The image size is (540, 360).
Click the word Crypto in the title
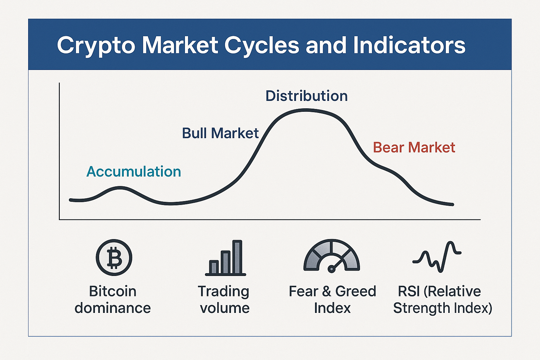click(x=96, y=46)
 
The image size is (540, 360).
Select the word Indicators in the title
click(x=409, y=45)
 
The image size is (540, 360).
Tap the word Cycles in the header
click(x=262, y=46)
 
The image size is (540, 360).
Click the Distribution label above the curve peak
click(x=307, y=96)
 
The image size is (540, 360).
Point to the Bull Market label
click(x=220, y=133)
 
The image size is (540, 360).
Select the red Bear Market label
click(x=414, y=147)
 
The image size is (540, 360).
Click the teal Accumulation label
click(x=134, y=172)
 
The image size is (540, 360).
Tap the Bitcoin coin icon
click(x=114, y=257)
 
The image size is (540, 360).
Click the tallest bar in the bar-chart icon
click(x=237, y=257)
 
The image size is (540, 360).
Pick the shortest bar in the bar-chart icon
click(x=214, y=267)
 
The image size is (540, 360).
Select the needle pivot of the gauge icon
click(x=332, y=269)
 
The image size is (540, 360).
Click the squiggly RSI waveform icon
click(x=437, y=257)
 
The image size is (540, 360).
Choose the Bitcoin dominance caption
click(x=112, y=300)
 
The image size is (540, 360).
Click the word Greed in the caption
click(x=355, y=291)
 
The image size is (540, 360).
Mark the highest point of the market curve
click(x=306, y=110)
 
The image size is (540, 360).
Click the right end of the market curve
click(x=452, y=205)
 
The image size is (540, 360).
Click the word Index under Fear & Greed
click(x=332, y=308)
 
